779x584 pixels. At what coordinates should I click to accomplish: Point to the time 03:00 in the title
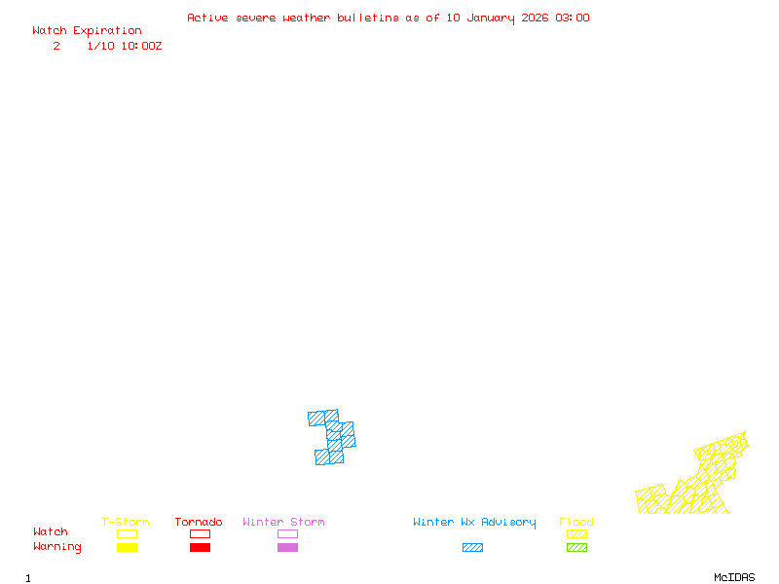(573, 18)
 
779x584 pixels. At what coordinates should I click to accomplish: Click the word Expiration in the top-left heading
(107, 31)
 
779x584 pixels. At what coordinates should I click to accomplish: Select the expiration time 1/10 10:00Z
(125, 46)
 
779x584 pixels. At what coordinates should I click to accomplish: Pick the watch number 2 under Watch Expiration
(56, 46)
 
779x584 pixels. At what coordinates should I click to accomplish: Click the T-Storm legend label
(126, 523)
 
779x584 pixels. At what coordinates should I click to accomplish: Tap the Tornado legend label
(199, 523)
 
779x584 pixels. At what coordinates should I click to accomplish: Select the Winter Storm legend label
(283, 523)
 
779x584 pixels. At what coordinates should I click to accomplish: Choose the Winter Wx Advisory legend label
(474, 523)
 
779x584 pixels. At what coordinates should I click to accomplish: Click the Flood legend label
(576, 523)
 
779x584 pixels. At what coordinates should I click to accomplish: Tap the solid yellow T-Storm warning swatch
(127, 548)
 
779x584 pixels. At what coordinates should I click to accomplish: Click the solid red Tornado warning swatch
(200, 548)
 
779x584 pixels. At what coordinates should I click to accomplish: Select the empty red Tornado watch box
(200, 533)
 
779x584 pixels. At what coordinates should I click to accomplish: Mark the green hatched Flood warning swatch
(576, 548)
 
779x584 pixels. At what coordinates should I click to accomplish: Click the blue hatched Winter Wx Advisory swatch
(472, 548)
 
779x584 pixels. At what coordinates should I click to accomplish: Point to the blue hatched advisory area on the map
(334, 436)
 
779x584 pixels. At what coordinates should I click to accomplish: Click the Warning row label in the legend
(57, 547)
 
